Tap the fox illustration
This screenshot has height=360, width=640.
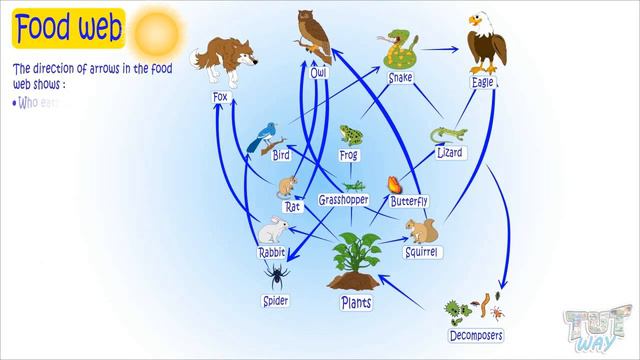click(x=226, y=60)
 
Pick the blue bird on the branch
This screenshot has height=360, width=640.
click(x=266, y=135)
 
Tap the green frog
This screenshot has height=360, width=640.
click(x=350, y=135)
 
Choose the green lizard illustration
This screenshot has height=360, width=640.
click(x=448, y=132)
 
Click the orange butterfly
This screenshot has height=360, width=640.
click(x=397, y=184)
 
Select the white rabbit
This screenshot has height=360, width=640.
click(x=271, y=231)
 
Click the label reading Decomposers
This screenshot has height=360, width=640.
click(x=475, y=335)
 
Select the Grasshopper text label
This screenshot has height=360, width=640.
click(x=344, y=200)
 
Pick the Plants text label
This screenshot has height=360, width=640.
click(x=357, y=299)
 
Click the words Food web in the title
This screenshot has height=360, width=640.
click(x=67, y=26)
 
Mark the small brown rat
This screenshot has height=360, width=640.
click(x=288, y=187)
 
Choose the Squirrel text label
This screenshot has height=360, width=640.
click(x=423, y=253)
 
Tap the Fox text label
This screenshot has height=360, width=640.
click(x=221, y=97)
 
